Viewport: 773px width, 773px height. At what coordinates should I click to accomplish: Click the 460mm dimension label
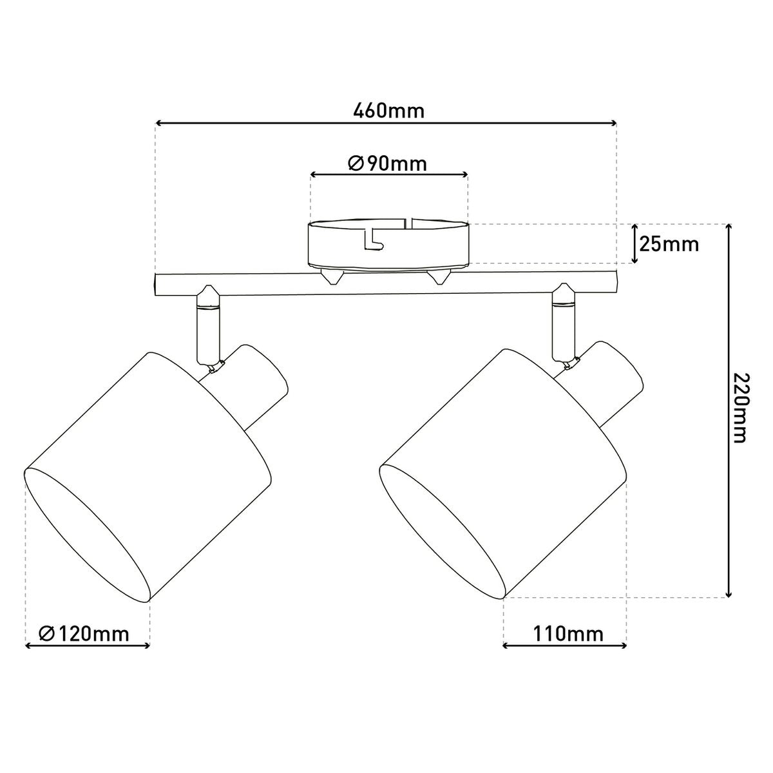click(389, 111)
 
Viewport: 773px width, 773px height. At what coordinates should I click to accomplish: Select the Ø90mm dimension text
click(388, 164)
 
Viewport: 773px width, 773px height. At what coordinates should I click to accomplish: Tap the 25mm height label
click(668, 244)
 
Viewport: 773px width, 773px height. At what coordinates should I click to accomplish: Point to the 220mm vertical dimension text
click(739, 408)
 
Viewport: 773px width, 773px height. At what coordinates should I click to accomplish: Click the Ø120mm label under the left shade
click(84, 634)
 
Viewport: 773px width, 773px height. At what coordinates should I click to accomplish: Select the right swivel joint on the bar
click(564, 298)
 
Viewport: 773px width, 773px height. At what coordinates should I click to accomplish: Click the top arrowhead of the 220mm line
click(729, 226)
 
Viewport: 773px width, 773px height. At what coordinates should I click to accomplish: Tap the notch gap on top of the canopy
click(408, 223)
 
